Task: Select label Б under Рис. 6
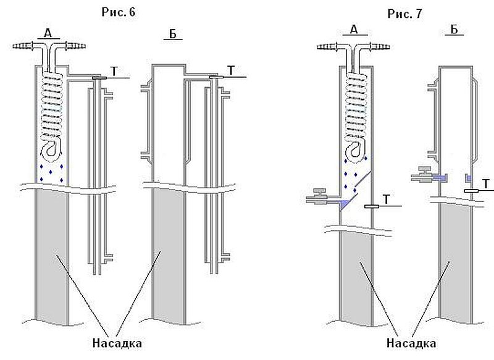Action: click(x=174, y=34)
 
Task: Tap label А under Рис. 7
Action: click(x=354, y=30)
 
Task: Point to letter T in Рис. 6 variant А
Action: click(x=112, y=70)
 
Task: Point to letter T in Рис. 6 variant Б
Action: click(x=230, y=70)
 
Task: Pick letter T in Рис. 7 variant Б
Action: click(x=487, y=183)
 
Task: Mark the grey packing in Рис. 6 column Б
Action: click(x=161, y=259)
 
